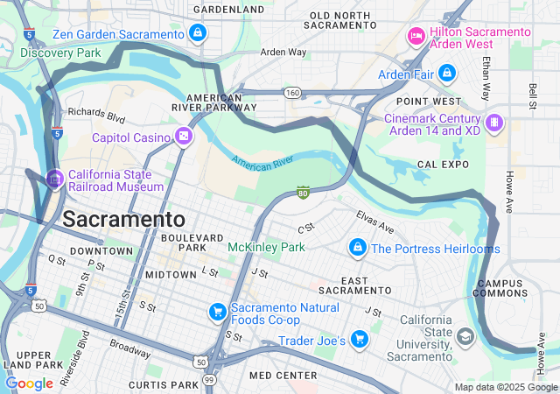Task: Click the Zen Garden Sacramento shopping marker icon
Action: (198, 33)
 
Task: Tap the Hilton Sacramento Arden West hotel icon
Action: (416, 36)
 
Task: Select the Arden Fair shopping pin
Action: (447, 74)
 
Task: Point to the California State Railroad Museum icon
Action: (55, 179)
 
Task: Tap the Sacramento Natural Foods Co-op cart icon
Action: (217, 311)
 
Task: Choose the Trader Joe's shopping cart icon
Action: (359, 339)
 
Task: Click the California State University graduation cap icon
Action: (465, 337)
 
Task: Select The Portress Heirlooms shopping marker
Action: (357, 249)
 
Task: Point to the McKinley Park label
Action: (266, 248)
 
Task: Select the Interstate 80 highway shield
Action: (303, 192)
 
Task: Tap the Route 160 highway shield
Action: (292, 92)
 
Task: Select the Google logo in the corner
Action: (30, 383)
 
